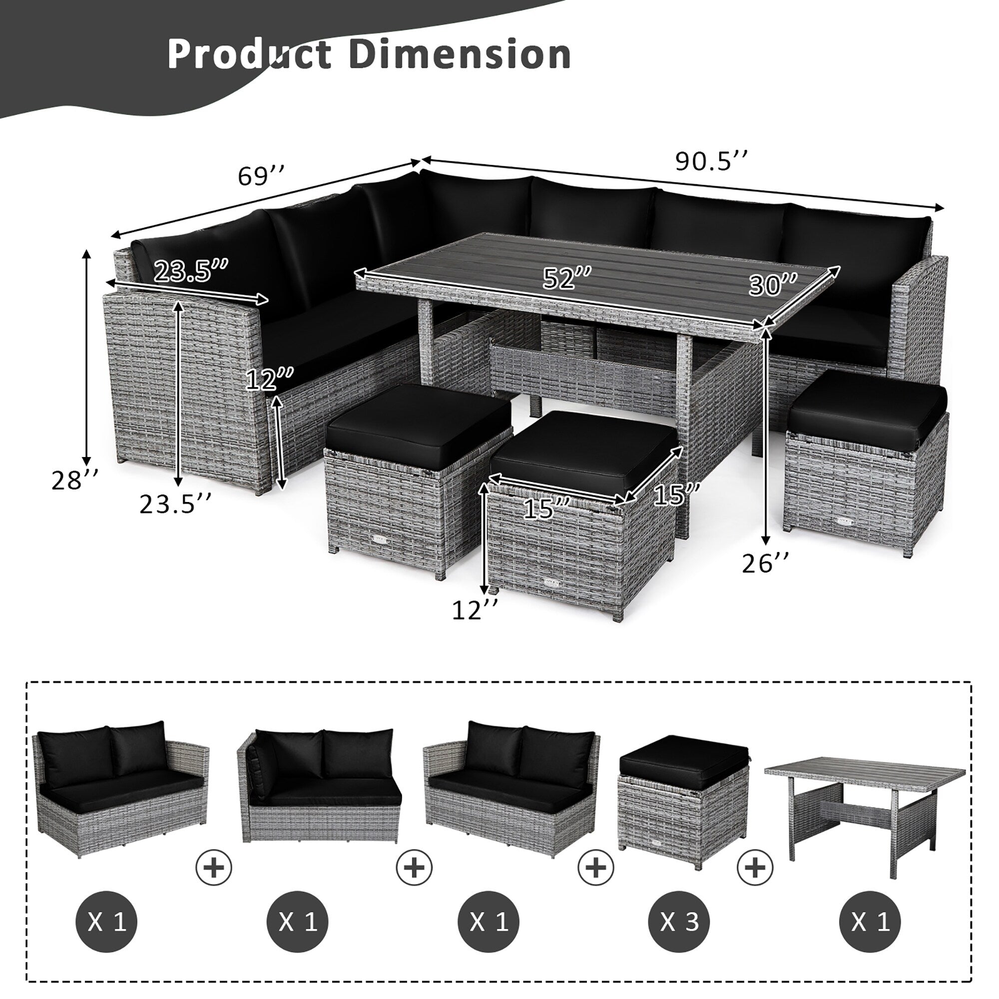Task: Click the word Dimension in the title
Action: [x=460, y=54]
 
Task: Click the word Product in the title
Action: [x=249, y=54]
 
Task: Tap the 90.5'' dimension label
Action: [x=712, y=161]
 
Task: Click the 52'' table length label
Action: [x=567, y=279]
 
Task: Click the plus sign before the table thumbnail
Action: [x=755, y=866]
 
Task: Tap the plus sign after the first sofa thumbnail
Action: [x=214, y=866]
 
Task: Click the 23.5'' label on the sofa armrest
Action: [x=191, y=271]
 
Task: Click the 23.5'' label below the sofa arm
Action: [x=175, y=504]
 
